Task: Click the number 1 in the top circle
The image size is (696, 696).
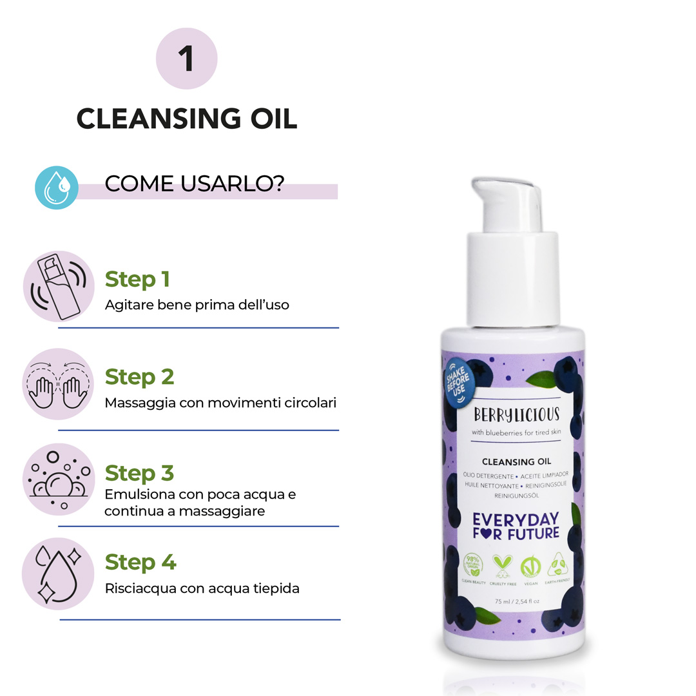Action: click(187, 59)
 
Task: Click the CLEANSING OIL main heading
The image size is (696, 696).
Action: click(187, 119)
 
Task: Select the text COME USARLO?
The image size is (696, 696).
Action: click(195, 184)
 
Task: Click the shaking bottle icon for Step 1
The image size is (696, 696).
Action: click(59, 287)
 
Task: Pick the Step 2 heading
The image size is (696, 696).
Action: click(139, 376)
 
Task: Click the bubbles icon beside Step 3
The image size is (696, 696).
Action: click(59, 479)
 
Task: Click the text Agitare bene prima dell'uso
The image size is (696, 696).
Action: click(197, 305)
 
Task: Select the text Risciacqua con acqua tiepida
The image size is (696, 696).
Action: click(202, 588)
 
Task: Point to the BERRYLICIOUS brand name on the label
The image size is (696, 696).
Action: click(516, 414)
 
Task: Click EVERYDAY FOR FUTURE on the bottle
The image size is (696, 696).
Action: click(516, 526)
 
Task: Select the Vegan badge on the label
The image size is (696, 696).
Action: click(529, 568)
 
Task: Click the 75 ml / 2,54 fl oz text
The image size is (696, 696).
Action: click(516, 602)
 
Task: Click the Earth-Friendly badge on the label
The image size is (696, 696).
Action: click(557, 568)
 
